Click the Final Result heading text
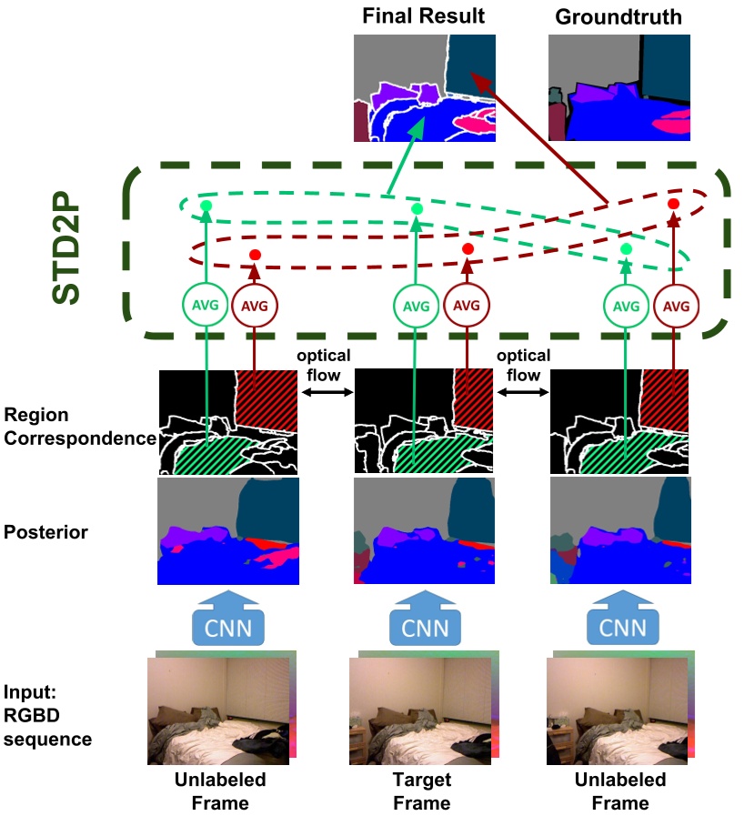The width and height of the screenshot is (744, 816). pyautogui.click(x=424, y=16)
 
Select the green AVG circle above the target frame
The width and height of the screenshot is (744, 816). pyautogui.click(x=416, y=306)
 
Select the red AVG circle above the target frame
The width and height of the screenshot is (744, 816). pyautogui.click(x=466, y=306)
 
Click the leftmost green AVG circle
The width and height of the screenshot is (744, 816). pyautogui.click(x=206, y=306)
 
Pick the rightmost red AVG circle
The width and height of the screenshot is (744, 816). pyautogui.click(x=675, y=306)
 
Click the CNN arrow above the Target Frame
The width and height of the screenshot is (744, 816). pyautogui.click(x=424, y=620)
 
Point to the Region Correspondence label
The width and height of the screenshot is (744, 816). pyautogui.click(x=78, y=425)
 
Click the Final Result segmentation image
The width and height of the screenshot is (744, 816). pyautogui.click(x=424, y=87)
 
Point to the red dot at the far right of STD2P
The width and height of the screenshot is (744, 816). pyautogui.click(x=674, y=205)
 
